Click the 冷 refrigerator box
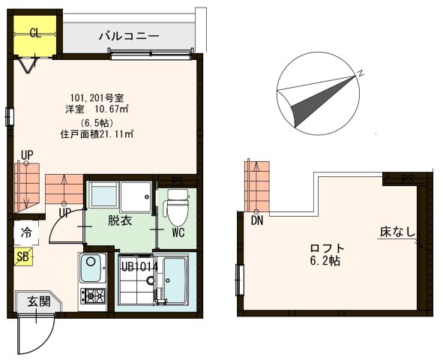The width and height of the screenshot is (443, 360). tap(26, 232)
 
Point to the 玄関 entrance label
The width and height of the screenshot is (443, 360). tap(39, 301)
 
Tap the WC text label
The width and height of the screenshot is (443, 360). tap(178, 233)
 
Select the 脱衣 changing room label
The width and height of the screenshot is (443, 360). tap(119, 220)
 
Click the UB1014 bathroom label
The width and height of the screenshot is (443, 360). tap(139, 265)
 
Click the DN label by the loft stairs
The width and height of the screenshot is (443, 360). tap(256, 220)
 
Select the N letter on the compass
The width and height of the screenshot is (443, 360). tap(360, 73)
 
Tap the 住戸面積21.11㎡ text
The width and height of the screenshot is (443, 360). tap(97, 135)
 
